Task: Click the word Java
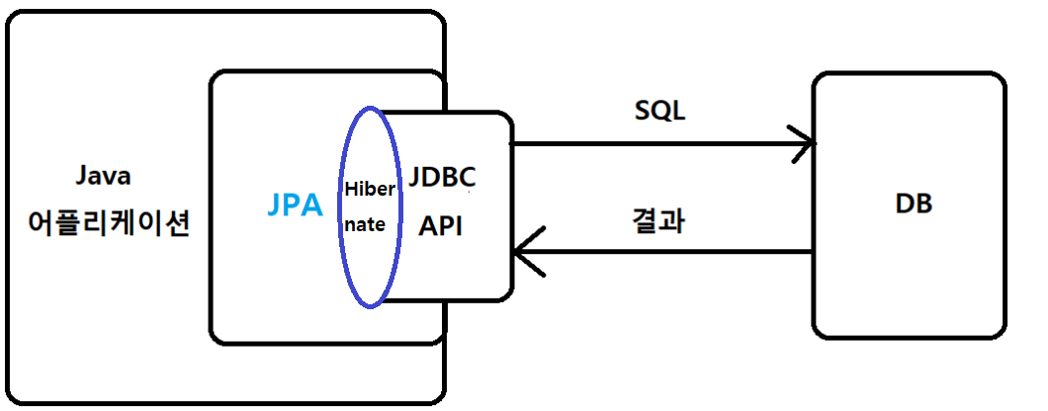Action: coord(104,176)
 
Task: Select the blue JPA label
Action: coord(295,205)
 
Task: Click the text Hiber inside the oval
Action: coord(370,189)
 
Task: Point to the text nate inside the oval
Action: coord(365,224)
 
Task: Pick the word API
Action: coord(441,224)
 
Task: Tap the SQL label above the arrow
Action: coord(659,111)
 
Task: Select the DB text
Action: coord(915,205)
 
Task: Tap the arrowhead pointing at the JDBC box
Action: coord(523,252)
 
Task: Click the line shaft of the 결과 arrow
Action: coord(672,252)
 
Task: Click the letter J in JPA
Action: coord(276,205)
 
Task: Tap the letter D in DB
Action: coord(905,205)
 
